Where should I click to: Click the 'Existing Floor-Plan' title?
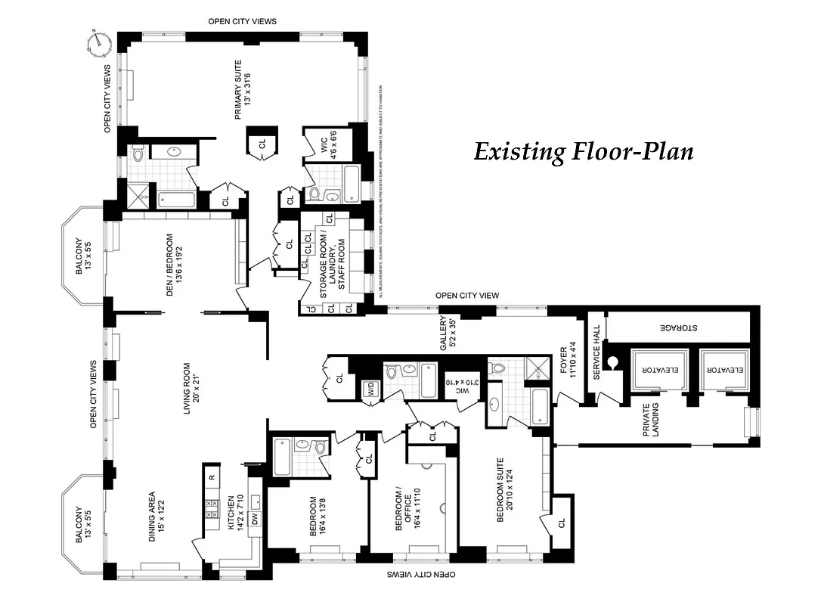[583, 152]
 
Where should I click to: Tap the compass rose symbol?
[100, 43]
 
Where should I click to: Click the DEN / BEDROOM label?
[173, 262]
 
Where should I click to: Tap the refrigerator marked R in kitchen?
[211, 477]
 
